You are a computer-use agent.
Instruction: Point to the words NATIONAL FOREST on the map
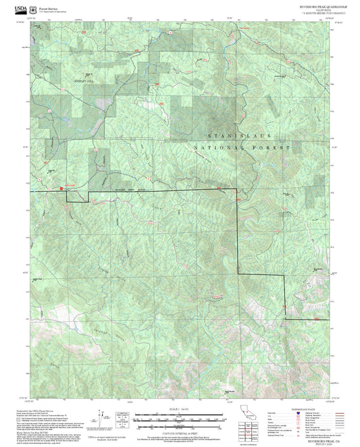coord(242,147)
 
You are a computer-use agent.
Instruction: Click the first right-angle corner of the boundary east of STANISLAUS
coord(237,192)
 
